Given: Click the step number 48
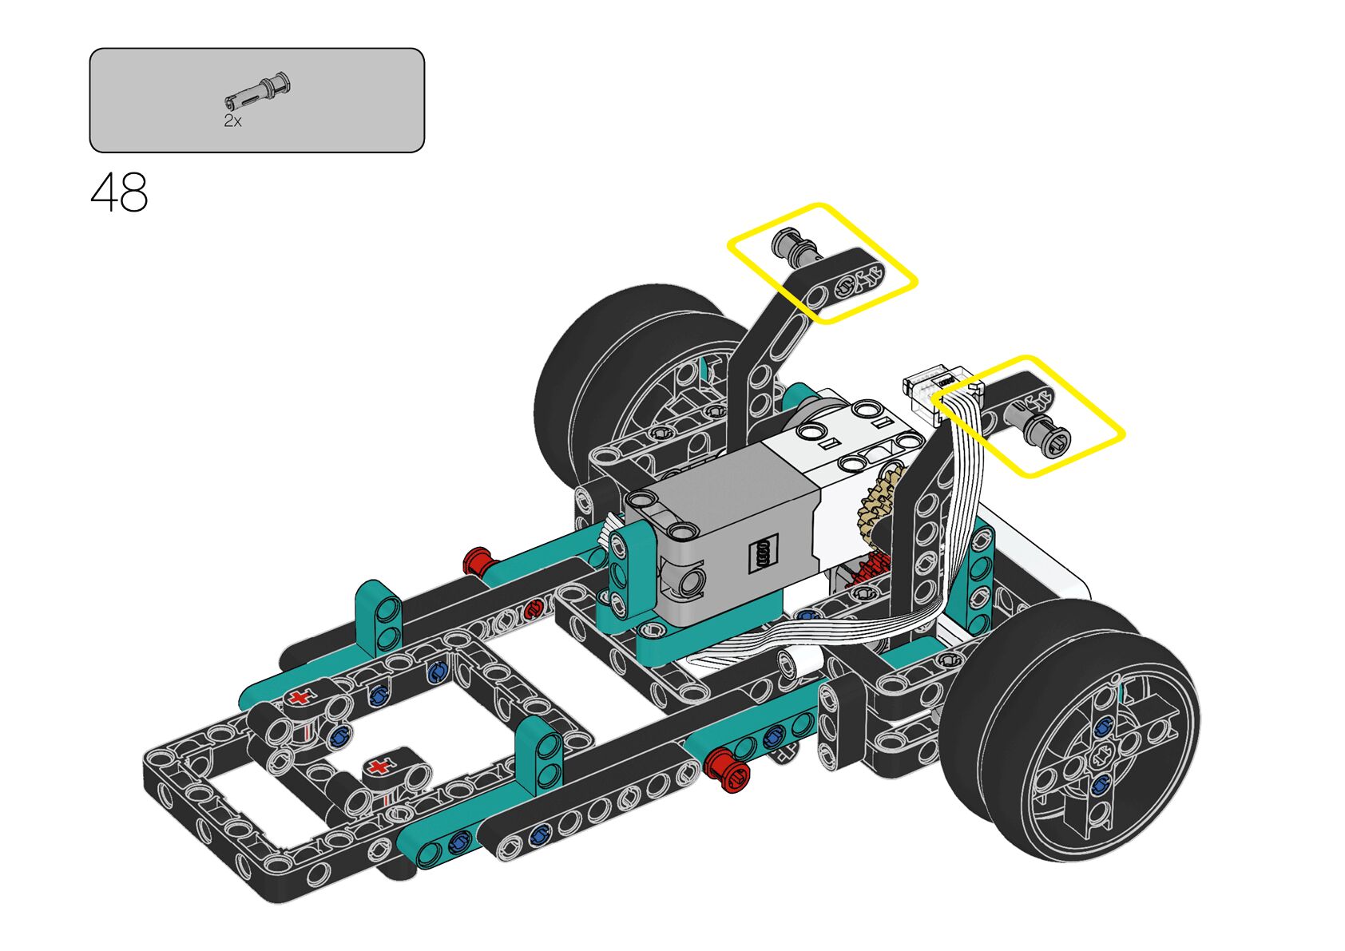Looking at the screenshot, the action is click(119, 192).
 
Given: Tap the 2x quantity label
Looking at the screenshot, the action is click(232, 121).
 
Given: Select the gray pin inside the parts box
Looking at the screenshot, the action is click(258, 92).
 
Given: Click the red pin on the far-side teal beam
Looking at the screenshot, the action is click(480, 561).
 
